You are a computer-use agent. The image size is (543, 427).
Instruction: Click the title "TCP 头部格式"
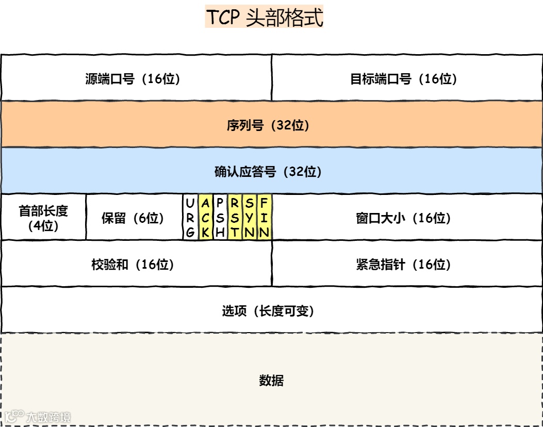265,17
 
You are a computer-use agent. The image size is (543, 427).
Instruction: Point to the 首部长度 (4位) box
43,218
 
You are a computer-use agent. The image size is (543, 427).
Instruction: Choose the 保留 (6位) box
133,218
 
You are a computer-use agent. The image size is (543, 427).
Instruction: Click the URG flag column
190,217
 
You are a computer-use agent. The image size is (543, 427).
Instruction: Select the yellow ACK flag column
205,217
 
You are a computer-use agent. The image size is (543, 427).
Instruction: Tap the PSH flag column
220,217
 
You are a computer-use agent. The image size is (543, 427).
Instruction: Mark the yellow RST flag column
235,217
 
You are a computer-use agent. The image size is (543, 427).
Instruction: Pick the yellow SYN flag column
250,217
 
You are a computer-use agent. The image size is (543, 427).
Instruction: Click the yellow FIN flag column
264,217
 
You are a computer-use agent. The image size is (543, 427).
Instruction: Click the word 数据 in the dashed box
271,381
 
